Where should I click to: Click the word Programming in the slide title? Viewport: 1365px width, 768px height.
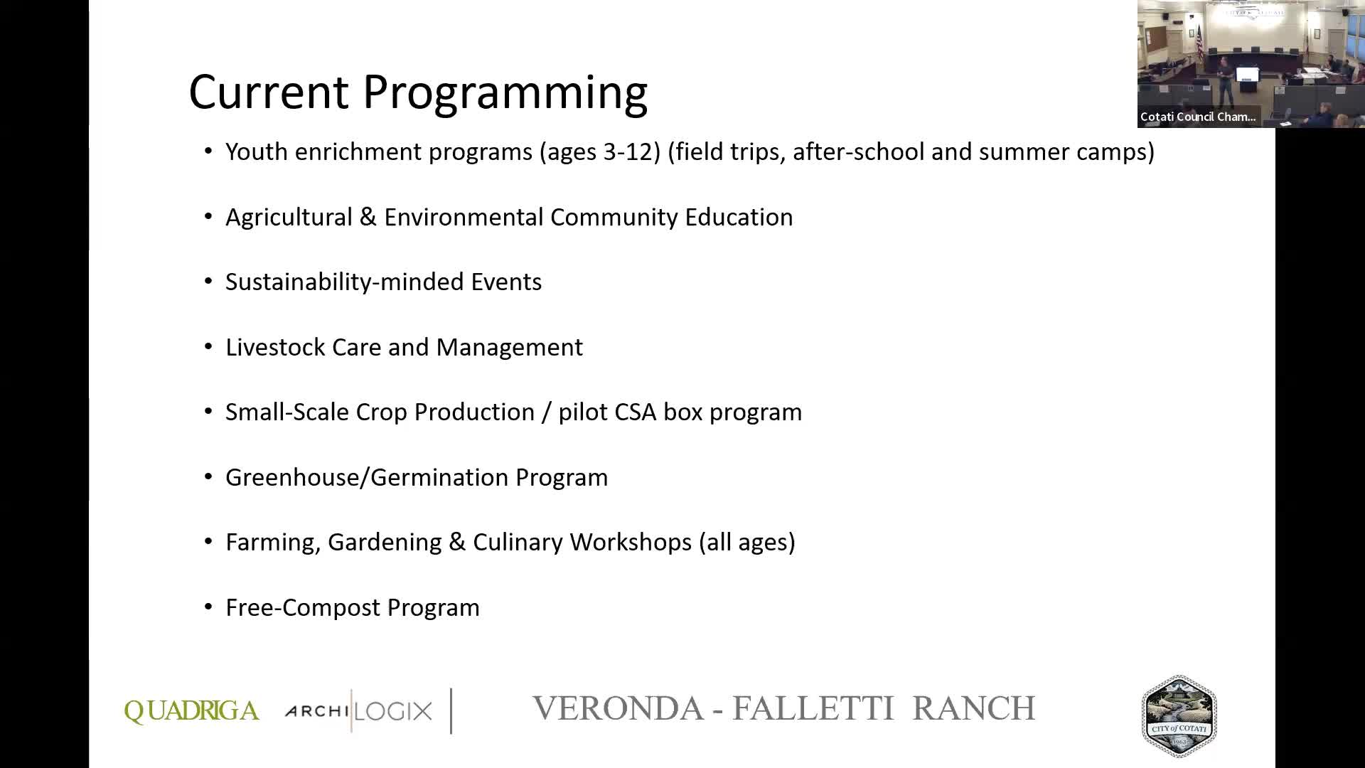point(505,92)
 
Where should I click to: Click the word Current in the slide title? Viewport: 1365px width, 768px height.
point(269,91)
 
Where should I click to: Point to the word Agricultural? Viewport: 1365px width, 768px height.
point(289,218)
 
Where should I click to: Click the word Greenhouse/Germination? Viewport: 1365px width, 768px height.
point(367,478)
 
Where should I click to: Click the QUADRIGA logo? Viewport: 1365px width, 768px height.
point(191,711)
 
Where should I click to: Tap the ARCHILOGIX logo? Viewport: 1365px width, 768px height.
point(358,710)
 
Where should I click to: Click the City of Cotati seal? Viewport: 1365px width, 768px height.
point(1179,716)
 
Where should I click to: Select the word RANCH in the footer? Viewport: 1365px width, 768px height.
point(973,709)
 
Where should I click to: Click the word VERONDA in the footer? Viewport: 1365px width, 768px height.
point(618,709)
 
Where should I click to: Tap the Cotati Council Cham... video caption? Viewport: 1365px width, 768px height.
point(1198,117)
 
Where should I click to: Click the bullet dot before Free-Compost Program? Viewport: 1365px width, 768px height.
point(208,607)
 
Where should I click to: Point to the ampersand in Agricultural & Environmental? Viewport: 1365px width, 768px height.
point(368,218)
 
